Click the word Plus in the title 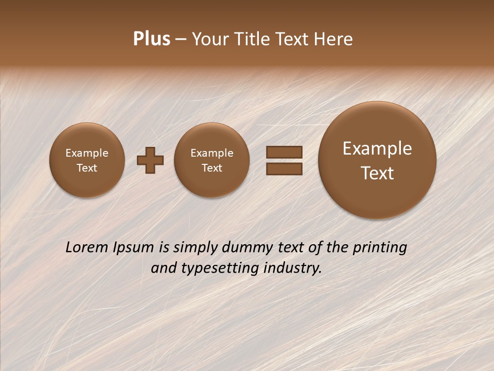point(151,39)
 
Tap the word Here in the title point(334,39)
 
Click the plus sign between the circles point(150,160)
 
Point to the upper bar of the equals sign point(284,152)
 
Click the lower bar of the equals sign point(284,168)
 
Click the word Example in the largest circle point(377,148)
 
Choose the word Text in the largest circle point(377,173)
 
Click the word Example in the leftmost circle point(87,153)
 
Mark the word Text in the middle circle point(211,168)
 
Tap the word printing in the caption point(379,248)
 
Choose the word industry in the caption point(293,268)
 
